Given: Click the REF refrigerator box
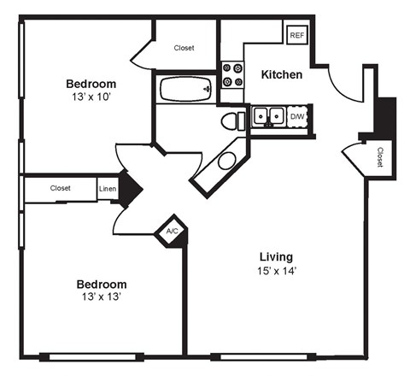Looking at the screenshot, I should (296, 35).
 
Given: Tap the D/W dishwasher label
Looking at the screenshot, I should (297, 116).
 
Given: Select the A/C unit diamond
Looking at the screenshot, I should (171, 231).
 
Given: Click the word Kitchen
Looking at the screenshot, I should (281, 75).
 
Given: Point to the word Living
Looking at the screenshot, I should (277, 256).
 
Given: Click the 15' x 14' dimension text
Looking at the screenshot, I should (277, 272).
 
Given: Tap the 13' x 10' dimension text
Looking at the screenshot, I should (91, 98).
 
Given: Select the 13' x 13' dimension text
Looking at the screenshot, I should (102, 298).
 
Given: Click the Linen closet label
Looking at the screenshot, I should (108, 189).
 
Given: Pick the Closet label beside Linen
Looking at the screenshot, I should (60, 188).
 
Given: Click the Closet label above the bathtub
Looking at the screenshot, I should (184, 49).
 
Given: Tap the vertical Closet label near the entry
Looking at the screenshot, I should (379, 156).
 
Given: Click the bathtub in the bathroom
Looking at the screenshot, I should (184, 87).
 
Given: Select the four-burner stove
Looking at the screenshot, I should (231, 75).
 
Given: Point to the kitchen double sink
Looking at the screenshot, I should (268, 116).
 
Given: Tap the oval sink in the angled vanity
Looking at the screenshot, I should (226, 161).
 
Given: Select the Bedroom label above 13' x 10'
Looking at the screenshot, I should (91, 84).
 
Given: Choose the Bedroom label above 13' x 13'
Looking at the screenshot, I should (102, 285).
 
